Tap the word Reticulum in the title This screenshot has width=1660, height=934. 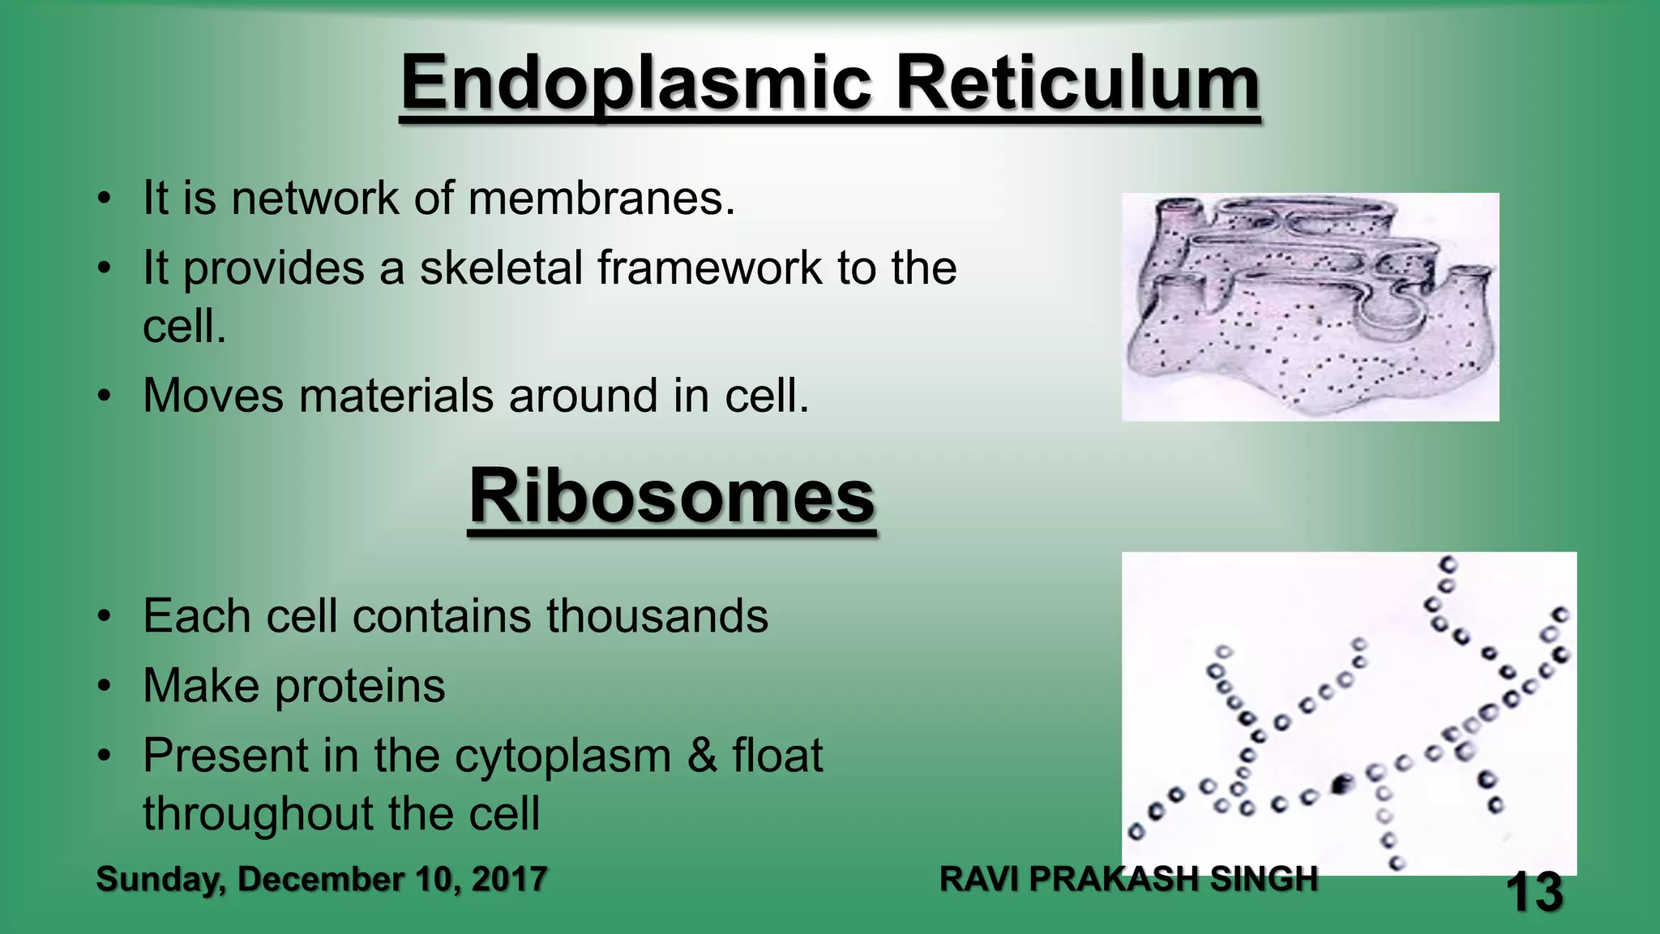click(x=1077, y=84)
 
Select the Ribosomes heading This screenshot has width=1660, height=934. click(x=672, y=496)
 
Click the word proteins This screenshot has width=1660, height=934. click(x=360, y=686)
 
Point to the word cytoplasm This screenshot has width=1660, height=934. click(x=563, y=756)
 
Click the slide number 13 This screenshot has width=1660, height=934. click(x=1534, y=893)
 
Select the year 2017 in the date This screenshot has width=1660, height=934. click(x=509, y=880)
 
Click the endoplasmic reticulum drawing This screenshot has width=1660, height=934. click(x=1310, y=306)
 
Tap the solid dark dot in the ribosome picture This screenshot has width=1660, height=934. click(x=1341, y=784)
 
